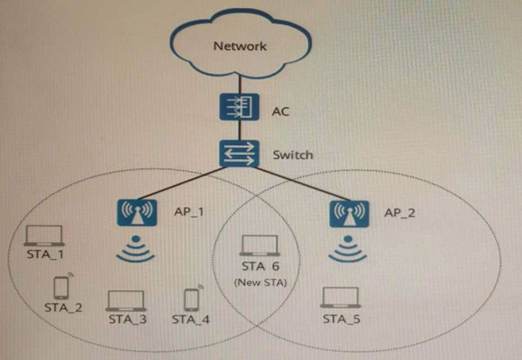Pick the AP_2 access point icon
coord(346,213)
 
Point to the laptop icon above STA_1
coord(44,236)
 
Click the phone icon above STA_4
coord(191,299)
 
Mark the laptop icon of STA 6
coord(260,246)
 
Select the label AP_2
coord(400,213)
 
